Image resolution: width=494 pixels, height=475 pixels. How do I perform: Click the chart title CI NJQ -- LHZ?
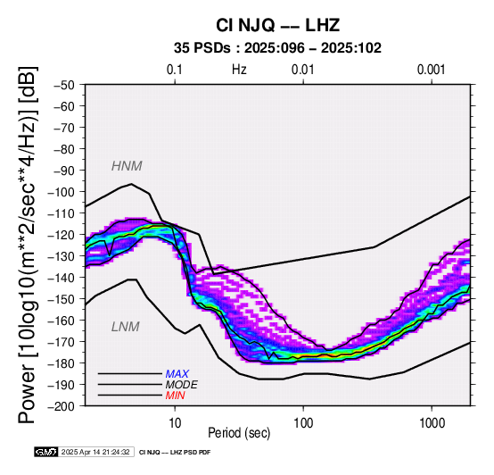tap(277, 25)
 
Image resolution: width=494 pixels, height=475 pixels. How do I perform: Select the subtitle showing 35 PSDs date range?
tap(277, 48)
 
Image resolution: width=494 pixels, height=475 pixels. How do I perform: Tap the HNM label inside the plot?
tap(127, 166)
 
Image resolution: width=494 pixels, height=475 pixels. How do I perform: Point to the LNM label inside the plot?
tap(126, 327)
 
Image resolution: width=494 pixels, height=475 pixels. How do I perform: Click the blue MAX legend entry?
tap(177, 374)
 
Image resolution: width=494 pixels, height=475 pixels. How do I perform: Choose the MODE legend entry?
tap(182, 385)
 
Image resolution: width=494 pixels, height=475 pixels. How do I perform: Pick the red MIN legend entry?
tap(175, 396)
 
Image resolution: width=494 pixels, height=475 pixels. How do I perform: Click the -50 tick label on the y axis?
tap(64, 85)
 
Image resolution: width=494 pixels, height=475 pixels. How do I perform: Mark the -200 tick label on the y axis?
tap(62, 406)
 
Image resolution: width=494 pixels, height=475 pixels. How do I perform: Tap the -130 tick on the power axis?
tap(62, 256)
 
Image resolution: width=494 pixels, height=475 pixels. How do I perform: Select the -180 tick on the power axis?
tap(62, 363)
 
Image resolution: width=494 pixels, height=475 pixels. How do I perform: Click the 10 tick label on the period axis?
tap(175, 423)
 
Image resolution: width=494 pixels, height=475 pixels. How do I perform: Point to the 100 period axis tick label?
tap(303, 423)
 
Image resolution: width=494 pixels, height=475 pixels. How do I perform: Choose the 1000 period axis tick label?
tap(432, 423)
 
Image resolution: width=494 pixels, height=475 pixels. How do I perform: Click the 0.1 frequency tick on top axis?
tap(175, 70)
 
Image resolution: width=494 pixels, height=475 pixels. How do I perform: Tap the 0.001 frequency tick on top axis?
tap(432, 70)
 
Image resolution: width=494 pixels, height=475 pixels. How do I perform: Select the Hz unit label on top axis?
tap(239, 70)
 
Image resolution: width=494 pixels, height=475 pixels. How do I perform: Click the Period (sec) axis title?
tap(239, 433)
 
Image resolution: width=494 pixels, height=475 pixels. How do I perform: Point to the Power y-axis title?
tap(28, 245)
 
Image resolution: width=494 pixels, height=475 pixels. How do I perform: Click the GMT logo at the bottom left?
tap(46, 452)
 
